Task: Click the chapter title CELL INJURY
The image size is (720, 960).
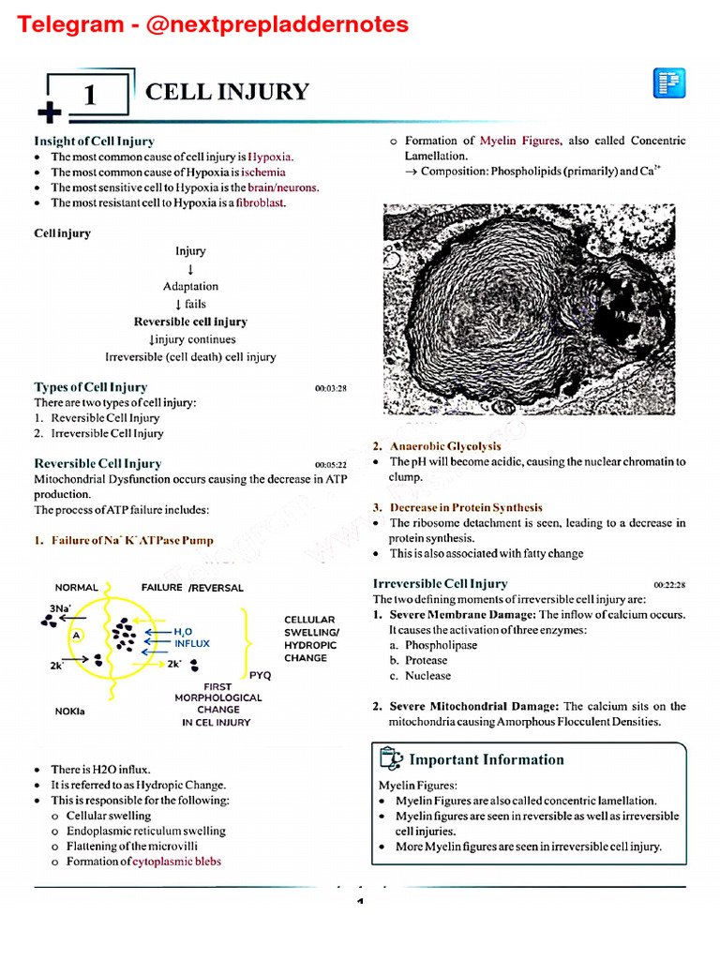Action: (227, 91)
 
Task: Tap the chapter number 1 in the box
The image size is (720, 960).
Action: (90, 96)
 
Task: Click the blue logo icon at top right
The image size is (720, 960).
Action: (669, 83)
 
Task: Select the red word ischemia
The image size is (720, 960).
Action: (263, 172)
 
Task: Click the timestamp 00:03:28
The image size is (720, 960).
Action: (331, 388)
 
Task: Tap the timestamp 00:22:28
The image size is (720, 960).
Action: (669, 585)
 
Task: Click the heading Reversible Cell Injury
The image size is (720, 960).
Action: (97, 463)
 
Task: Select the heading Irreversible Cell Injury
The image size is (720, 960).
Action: (441, 583)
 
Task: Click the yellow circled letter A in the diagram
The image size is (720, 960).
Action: (77, 635)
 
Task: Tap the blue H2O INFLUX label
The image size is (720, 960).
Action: (191, 638)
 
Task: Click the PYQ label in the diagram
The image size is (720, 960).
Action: (261, 675)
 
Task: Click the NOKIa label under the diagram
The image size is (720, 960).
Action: (70, 711)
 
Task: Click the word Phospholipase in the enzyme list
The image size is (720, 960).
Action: (441, 645)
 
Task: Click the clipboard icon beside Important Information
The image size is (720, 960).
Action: (391, 758)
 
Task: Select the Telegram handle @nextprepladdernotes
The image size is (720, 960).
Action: (278, 23)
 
